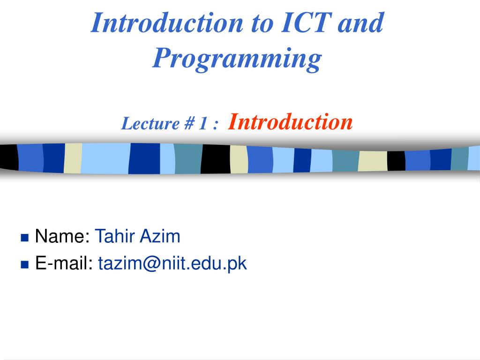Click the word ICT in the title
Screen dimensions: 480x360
(306, 22)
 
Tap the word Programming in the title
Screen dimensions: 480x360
(237, 59)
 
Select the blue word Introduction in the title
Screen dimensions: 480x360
(167, 22)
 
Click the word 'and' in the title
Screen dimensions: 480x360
(360, 22)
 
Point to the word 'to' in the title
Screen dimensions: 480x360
(262, 23)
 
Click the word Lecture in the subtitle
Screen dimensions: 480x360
(150, 123)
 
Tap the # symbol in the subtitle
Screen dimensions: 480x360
(189, 123)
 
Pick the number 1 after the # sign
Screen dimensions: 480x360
(203, 123)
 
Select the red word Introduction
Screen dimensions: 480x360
(290, 122)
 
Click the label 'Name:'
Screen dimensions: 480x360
(62, 236)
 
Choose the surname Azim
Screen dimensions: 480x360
(160, 236)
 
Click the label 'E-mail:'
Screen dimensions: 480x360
(64, 263)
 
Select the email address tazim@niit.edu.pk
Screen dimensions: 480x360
(172, 263)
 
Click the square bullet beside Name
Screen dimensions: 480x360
(24, 238)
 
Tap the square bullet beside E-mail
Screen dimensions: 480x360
(24, 264)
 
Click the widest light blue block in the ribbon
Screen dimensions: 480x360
(105, 158)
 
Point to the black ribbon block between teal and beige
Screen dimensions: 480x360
(216, 159)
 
